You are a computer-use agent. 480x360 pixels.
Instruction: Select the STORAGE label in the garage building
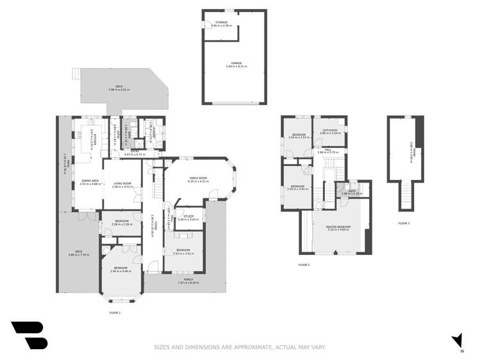point(222,22)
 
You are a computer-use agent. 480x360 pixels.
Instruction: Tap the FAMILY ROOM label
point(197,177)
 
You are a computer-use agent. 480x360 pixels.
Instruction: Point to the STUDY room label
point(188,216)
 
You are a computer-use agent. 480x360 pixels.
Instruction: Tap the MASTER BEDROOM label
point(338,227)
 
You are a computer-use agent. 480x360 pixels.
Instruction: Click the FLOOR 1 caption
point(115,312)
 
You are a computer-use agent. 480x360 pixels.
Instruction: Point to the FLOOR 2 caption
point(304,265)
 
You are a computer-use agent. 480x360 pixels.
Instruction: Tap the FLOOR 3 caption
point(404,223)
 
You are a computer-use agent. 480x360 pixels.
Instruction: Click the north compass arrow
point(457,340)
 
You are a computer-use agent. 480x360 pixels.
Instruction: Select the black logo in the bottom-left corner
point(29,334)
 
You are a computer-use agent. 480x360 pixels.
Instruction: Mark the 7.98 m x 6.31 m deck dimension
point(119,89)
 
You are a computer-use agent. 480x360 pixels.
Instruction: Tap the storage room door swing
point(208,25)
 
